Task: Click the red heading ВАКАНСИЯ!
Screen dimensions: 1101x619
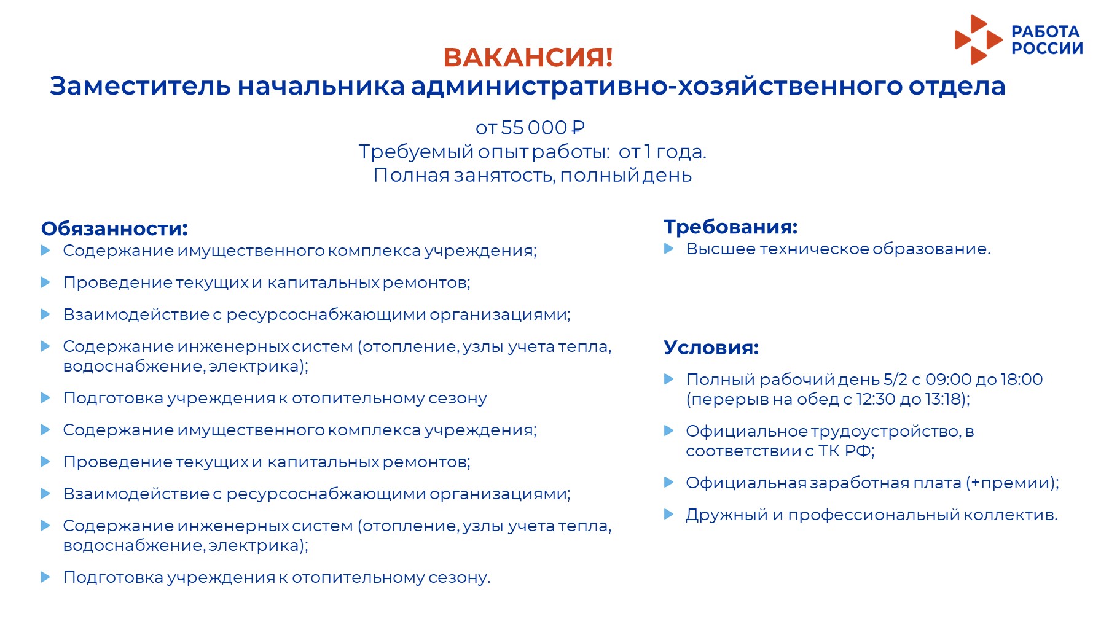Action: tap(528, 57)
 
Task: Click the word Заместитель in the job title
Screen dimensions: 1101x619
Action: tap(140, 86)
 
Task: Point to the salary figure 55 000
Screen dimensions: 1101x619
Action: tap(534, 128)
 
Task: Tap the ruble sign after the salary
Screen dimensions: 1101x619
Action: tap(578, 128)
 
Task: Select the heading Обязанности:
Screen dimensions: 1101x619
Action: tap(114, 228)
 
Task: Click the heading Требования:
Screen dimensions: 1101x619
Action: tap(731, 227)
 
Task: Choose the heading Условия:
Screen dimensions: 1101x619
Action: tap(711, 348)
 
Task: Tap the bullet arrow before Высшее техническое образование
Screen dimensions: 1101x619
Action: tap(669, 249)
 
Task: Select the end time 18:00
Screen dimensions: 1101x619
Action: tap(1022, 380)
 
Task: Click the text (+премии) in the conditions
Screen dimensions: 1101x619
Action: tap(1011, 483)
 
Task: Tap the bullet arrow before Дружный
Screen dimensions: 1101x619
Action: tap(669, 514)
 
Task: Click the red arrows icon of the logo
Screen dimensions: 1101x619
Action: tap(978, 40)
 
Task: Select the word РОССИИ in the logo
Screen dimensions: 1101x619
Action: tap(1047, 49)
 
